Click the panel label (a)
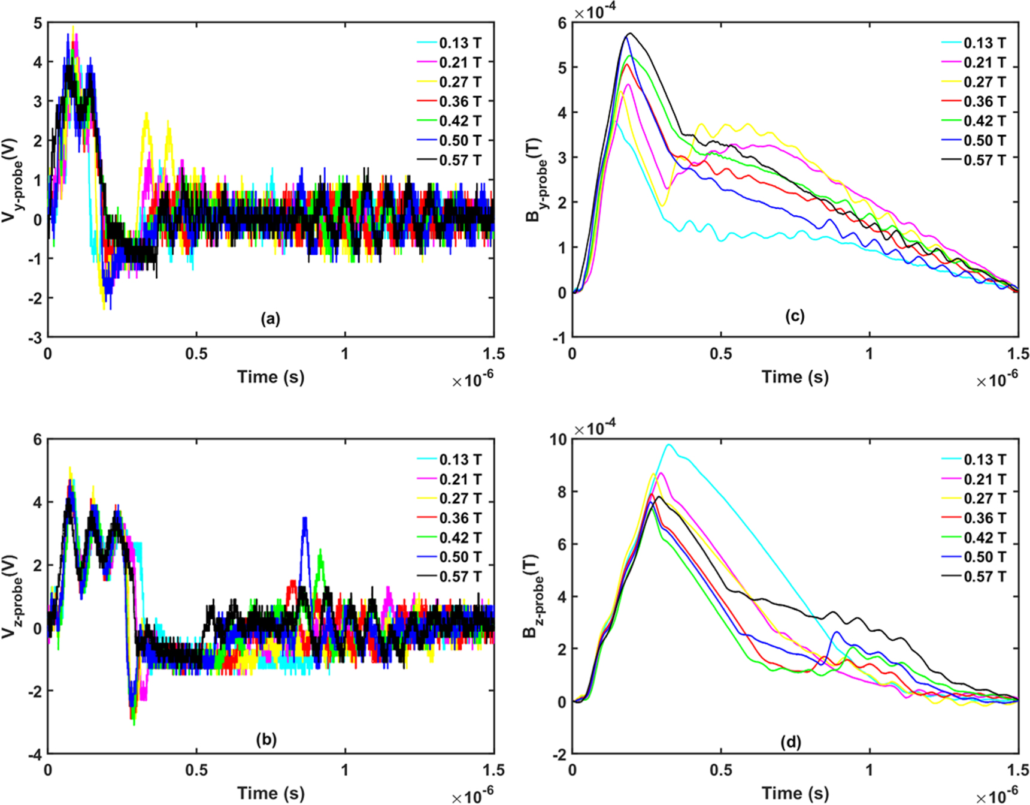coord(270,319)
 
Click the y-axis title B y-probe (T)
coord(535,180)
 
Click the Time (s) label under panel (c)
coord(795,376)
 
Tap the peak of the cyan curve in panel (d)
coord(668,445)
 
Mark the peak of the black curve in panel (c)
coord(629,34)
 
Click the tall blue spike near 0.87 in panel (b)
coord(305,519)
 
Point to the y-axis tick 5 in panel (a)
coord(38,23)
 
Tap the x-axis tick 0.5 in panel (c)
coord(721,354)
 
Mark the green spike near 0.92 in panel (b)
coord(320,551)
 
